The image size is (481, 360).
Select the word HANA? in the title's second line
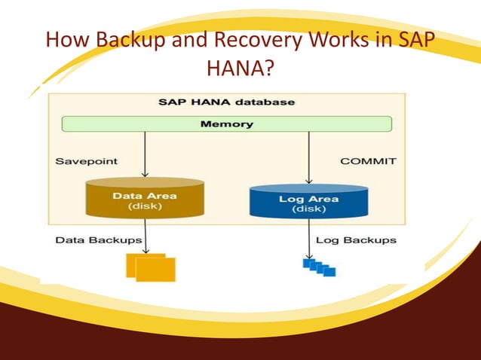click(x=240, y=69)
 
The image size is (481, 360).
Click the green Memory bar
click(x=226, y=124)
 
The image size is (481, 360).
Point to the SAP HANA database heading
click(x=226, y=101)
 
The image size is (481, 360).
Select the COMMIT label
click(x=368, y=160)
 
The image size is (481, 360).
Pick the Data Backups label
click(x=98, y=240)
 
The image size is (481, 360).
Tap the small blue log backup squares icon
click(x=318, y=267)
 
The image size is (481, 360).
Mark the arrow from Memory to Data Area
click(x=145, y=154)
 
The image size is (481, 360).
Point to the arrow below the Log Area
click(x=308, y=238)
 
